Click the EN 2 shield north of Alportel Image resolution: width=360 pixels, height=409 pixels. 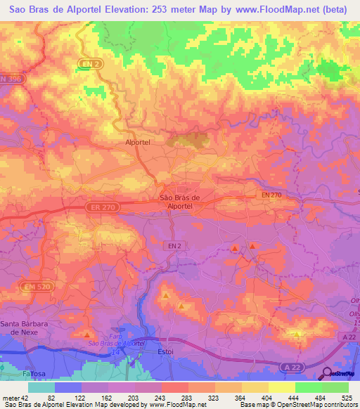pyautogui.click(x=88, y=65)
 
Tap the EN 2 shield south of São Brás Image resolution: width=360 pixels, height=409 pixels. pyautogui.click(x=174, y=245)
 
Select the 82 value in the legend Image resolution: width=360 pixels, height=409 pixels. pyautogui.click(x=62, y=398)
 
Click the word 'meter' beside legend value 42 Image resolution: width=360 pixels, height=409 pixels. pyautogui.click(x=10, y=398)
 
